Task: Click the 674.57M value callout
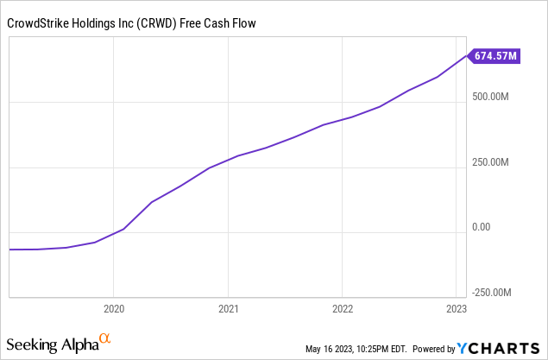tap(495, 57)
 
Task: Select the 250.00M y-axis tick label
tap(492, 162)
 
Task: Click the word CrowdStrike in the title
tap(38, 21)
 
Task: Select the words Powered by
tap(435, 349)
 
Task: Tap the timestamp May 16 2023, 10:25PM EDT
tap(356, 349)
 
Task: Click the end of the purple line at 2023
tap(466, 57)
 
